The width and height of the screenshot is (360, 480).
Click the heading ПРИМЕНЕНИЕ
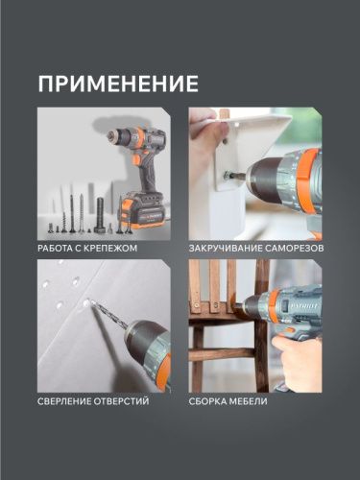point(118,83)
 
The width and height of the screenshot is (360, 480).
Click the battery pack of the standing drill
point(140,207)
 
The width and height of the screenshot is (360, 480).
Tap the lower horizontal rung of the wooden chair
point(222,355)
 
